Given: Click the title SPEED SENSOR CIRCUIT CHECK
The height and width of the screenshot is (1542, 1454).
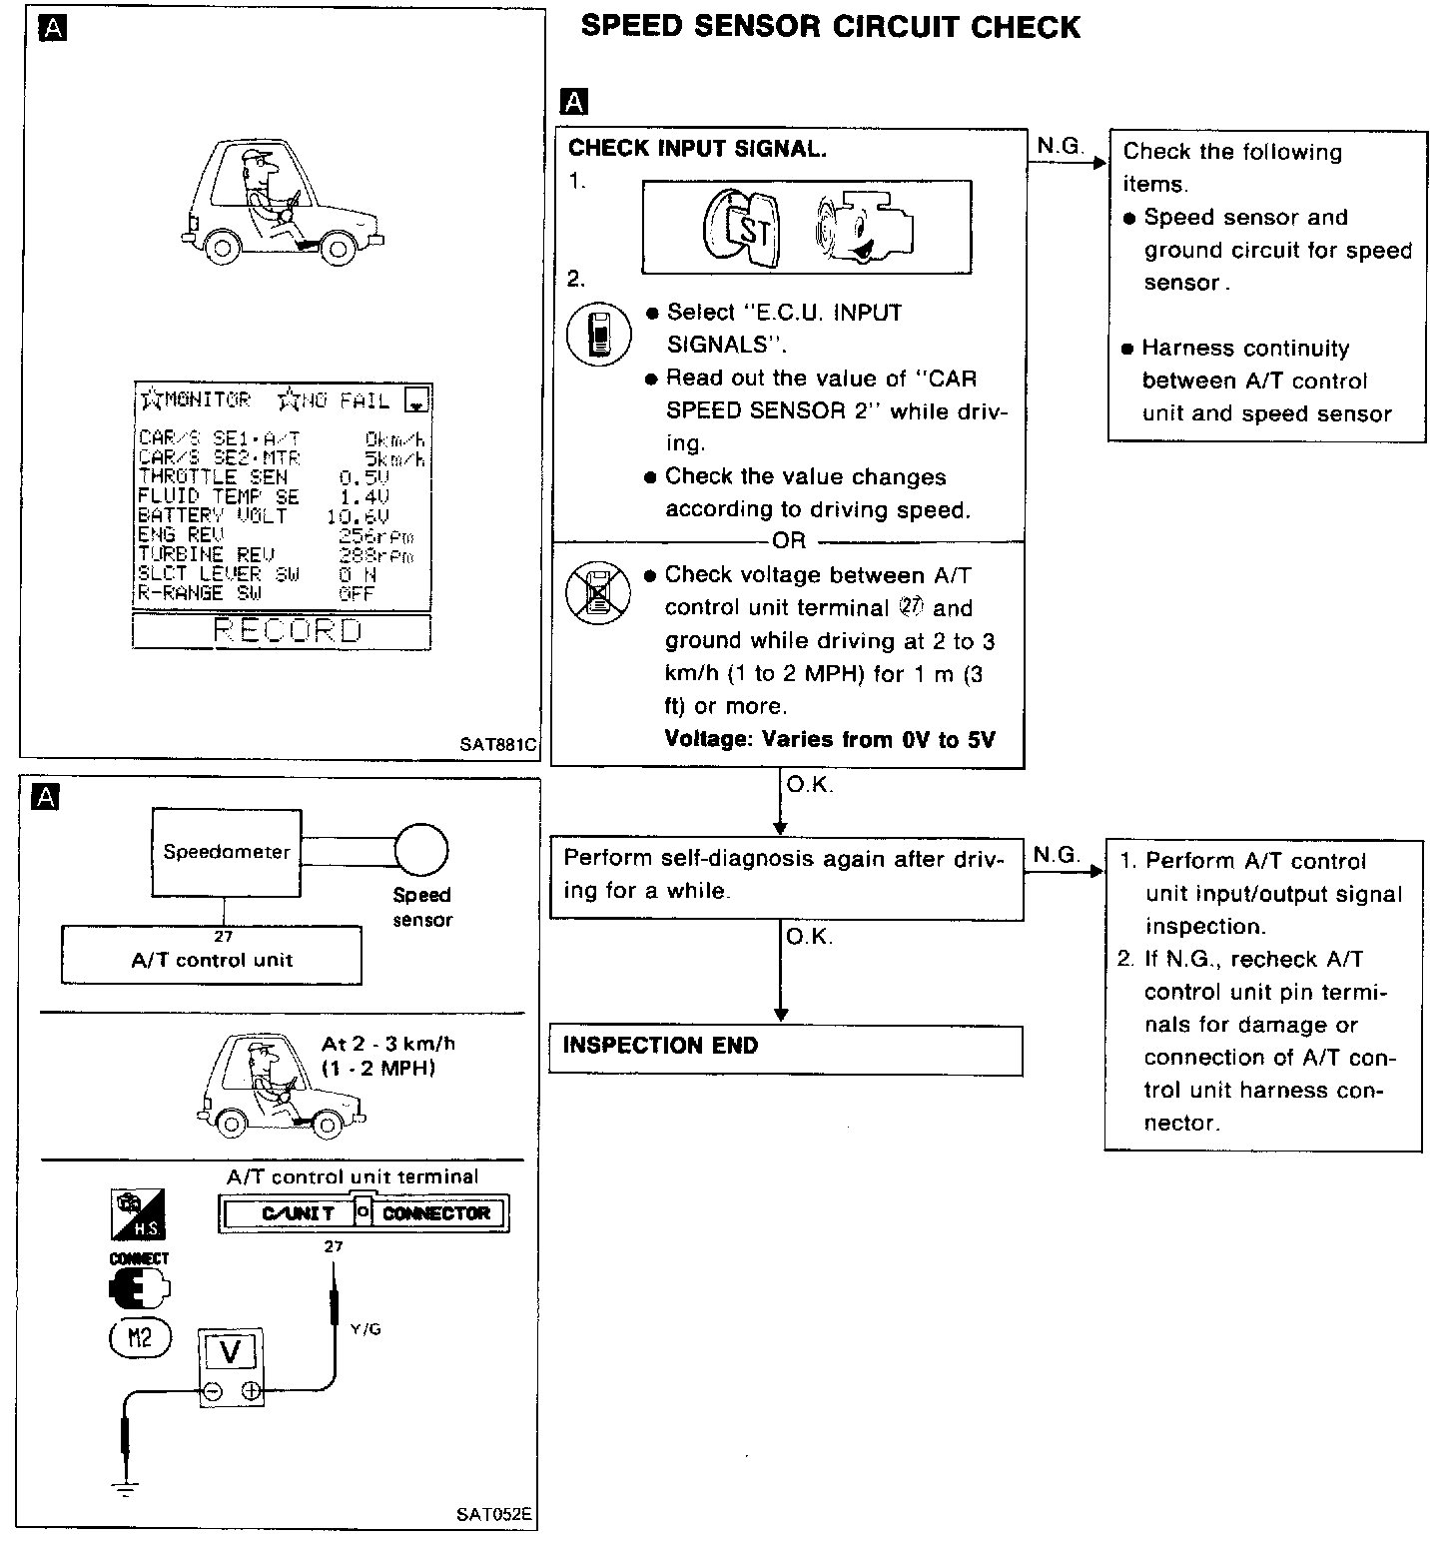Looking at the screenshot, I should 830,27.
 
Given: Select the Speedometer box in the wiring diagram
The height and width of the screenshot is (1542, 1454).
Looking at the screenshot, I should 227,852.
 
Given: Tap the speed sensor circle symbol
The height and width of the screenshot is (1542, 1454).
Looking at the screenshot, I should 421,850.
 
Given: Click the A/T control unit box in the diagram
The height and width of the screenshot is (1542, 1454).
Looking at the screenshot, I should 212,960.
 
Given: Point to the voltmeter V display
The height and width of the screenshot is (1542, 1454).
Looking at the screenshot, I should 231,1352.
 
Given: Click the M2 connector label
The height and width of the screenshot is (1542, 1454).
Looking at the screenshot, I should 140,1337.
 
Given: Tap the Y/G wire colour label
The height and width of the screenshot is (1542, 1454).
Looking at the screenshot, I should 365,1329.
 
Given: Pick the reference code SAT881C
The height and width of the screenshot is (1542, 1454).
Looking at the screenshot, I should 497,744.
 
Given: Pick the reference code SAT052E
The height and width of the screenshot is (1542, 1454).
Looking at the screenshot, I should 494,1515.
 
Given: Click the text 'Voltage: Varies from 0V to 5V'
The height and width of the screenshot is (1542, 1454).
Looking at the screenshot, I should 830,740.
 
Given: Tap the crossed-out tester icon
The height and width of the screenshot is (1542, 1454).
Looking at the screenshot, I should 598,591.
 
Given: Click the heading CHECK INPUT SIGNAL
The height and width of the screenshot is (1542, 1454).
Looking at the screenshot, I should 697,149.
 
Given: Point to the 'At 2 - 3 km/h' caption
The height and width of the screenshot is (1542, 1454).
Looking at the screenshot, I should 388,1045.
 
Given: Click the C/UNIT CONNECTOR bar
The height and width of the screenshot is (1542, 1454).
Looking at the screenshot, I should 363,1213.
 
